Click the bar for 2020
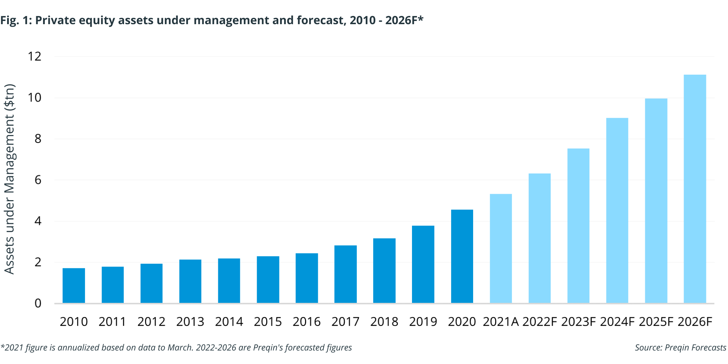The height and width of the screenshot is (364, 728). coord(462,256)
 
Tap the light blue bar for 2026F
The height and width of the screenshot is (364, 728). coord(695,189)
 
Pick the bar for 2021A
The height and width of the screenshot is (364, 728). coord(500,248)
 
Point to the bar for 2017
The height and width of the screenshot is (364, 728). coord(345,274)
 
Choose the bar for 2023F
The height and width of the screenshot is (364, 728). coord(578,226)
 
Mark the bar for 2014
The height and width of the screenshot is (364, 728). coord(229,280)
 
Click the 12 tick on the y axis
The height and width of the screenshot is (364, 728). coord(34,56)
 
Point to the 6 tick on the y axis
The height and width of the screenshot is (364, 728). coord(38,180)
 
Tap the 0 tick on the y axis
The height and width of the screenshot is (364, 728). coord(38,303)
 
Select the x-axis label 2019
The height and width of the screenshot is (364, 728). coord(423,322)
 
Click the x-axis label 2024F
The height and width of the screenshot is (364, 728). coord(617,322)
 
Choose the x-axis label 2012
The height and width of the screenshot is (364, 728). coord(151,322)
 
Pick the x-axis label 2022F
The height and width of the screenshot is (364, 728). coord(539,322)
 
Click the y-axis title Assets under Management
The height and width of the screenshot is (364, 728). coord(10,180)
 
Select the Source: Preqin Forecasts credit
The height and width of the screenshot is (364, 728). coord(680,348)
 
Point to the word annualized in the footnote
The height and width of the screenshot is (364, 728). coord(78,348)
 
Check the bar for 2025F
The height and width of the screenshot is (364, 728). coord(656,201)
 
